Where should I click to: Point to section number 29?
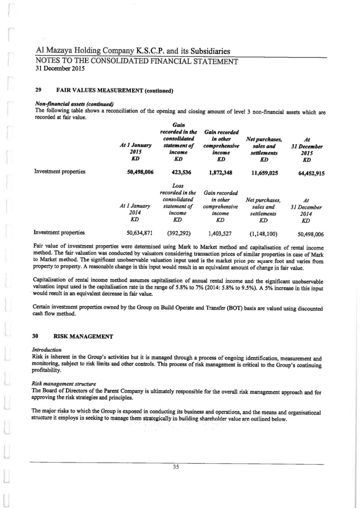click(38, 90)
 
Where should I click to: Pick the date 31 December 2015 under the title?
click(60, 68)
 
